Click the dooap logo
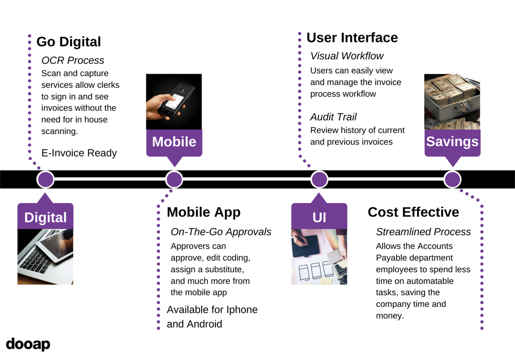point(28,345)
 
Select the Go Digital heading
point(68,42)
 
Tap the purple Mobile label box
point(174,142)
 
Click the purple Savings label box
point(452,142)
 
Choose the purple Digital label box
point(45,217)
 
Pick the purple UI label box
point(319,217)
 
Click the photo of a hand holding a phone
point(174,102)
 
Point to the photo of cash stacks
point(452,102)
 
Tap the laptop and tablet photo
point(45,257)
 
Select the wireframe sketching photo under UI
point(319,257)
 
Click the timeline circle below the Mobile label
point(174,179)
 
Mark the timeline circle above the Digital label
point(45,179)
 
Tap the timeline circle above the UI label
point(319,179)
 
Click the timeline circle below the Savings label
point(452,179)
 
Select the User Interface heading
point(352,38)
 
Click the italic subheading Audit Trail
point(333,117)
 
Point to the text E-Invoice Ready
point(79,153)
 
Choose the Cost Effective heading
point(413,212)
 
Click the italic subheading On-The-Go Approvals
point(221,232)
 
